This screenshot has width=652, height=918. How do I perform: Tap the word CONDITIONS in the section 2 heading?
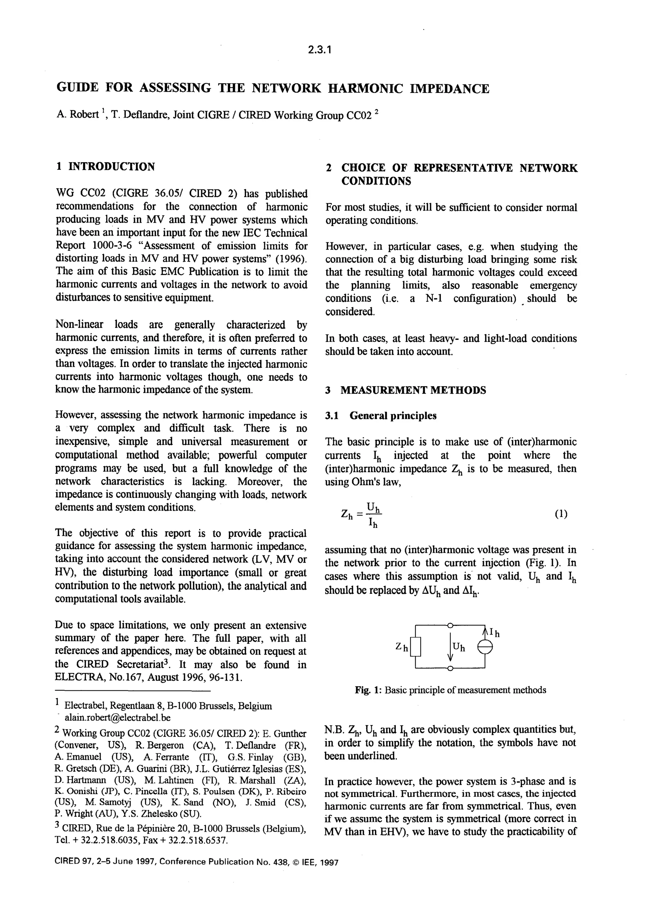(376, 181)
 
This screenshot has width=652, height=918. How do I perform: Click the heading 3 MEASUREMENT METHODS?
(406, 390)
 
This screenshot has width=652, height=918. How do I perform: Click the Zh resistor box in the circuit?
(415, 647)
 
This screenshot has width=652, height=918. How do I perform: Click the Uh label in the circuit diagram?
(458, 647)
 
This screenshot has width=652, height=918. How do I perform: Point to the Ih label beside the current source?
(495, 634)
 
